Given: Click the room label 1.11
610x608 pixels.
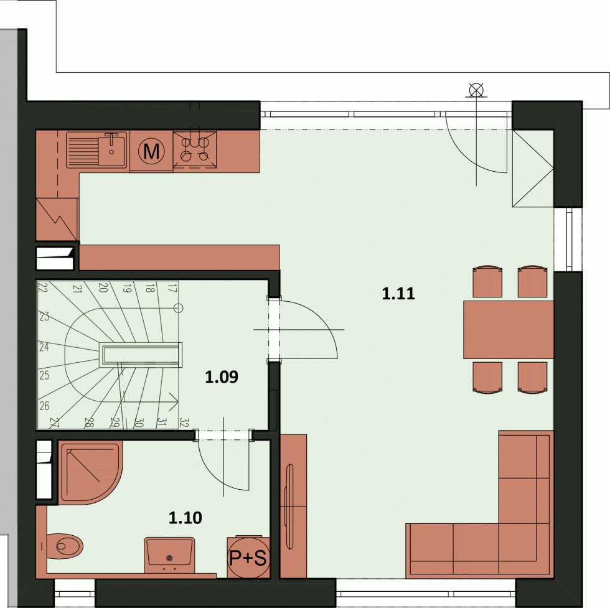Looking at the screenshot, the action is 398,293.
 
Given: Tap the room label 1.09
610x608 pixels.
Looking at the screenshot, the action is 222,376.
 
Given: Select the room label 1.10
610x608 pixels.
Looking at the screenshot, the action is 185,518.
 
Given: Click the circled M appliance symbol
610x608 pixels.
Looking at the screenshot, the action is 151,151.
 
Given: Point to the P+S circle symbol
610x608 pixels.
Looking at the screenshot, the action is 248,558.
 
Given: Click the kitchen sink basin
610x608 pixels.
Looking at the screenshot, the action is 111,149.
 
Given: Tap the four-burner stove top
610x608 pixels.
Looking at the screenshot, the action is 195,150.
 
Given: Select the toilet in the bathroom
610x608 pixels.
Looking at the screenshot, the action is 65,546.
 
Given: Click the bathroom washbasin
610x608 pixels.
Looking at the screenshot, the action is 169,554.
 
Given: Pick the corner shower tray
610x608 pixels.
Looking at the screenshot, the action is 90,472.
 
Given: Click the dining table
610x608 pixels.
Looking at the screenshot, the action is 508,329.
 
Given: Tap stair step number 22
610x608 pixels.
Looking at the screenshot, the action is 43,288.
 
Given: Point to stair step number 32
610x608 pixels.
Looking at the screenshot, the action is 184,423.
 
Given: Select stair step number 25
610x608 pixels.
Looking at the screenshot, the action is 44,375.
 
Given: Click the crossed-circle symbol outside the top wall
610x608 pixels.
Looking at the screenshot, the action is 476,90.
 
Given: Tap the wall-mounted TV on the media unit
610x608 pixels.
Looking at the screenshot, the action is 289,507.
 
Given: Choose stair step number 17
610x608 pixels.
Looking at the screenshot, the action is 172,288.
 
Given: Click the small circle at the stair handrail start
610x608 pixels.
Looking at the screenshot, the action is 178,308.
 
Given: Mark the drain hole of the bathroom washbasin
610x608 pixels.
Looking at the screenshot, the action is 169,558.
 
